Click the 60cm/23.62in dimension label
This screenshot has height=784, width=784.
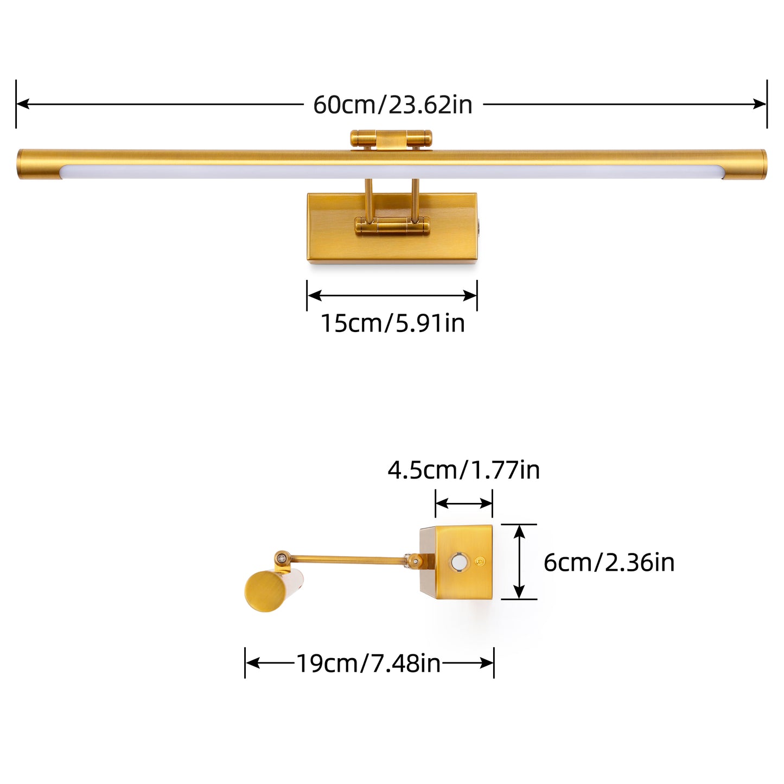pyautogui.click(x=392, y=105)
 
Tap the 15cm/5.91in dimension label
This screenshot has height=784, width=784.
pyautogui.click(x=392, y=323)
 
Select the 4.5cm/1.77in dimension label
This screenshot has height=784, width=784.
pyautogui.click(x=463, y=470)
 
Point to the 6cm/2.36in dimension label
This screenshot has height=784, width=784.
pyautogui.click(x=609, y=563)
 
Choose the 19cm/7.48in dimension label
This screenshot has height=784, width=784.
pyautogui.click(x=368, y=664)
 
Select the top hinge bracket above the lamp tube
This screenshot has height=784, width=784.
pyautogui.click(x=391, y=139)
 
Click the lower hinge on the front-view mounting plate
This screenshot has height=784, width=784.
pyautogui.click(x=392, y=226)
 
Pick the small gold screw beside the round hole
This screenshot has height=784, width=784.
pyautogui.click(x=479, y=562)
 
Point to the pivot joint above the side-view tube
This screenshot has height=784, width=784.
pyautogui.click(x=282, y=557)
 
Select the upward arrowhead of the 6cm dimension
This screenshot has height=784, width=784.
pyautogui.click(x=519, y=531)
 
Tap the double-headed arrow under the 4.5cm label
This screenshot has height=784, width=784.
pyautogui.click(x=464, y=504)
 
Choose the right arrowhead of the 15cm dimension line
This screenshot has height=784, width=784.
pyautogui.click(x=470, y=296)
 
